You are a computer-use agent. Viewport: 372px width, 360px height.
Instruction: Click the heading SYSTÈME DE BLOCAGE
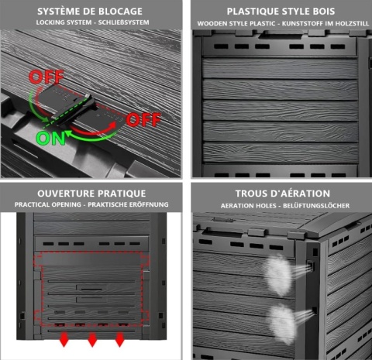[x=90, y=12]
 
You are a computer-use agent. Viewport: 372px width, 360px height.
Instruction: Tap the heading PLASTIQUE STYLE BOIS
[x=281, y=12]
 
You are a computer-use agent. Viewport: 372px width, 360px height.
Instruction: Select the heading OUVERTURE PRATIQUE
[x=91, y=194]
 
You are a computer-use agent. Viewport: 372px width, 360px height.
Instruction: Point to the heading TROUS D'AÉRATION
[x=283, y=194]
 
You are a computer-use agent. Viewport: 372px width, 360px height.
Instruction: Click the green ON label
[x=50, y=138]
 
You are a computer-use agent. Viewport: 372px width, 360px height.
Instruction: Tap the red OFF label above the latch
[x=46, y=77]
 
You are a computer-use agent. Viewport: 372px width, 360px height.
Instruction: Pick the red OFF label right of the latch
[x=143, y=119]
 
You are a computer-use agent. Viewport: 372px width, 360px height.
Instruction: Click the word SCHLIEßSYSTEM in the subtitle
[x=123, y=22]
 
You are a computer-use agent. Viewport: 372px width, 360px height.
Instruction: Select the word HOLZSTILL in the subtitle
[x=352, y=23]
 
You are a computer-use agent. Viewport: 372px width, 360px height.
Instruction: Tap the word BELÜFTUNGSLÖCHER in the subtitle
[x=316, y=206]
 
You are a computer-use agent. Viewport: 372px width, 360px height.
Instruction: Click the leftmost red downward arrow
[x=64, y=339]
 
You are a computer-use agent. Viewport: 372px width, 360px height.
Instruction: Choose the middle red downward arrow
[x=92, y=339]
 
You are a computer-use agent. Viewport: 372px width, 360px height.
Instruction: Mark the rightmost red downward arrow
[x=119, y=339]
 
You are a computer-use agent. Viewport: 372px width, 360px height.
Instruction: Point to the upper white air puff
[x=278, y=275]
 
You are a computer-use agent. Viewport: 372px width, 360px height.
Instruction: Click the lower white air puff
[x=282, y=323]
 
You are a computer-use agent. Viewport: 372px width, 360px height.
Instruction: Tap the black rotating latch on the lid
[x=75, y=111]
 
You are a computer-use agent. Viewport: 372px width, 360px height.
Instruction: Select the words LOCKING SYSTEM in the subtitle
[x=64, y=22]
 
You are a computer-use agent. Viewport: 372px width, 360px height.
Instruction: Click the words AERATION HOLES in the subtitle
[x=248, y=206]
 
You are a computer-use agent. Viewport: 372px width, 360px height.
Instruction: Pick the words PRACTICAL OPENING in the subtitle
[x=48, y=204]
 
